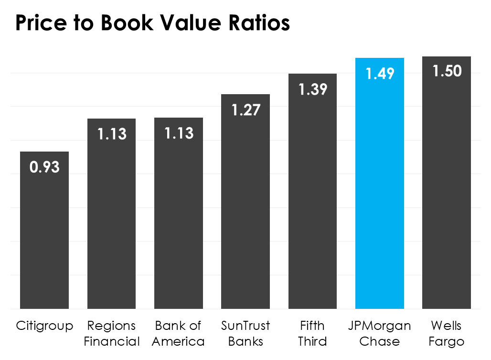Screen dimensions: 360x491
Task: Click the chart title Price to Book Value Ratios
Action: [152, 23]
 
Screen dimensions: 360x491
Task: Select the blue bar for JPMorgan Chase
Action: [380, 191]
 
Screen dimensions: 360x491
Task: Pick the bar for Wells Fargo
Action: [447, 191]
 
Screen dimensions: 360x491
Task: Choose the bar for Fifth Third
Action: [312, 201]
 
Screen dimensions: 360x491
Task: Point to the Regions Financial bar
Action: [111, 220]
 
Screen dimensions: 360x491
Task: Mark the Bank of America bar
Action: [179, 220]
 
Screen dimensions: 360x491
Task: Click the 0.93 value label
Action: [44, 167]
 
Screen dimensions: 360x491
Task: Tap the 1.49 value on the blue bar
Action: [380, 74]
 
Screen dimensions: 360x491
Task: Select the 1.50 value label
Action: [447, 71]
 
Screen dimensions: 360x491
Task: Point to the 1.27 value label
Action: [245, 110]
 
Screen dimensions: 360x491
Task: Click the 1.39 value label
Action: [312, 89]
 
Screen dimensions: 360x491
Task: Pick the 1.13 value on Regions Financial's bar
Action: [111, 134]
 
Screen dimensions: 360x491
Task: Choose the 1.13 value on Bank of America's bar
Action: [179, 133]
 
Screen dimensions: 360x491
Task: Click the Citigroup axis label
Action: [44, 327]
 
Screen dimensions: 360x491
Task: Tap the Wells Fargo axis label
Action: [447, 334]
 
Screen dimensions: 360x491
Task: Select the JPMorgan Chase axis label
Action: [380, 334]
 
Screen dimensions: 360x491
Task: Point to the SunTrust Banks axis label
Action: [245, 334]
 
